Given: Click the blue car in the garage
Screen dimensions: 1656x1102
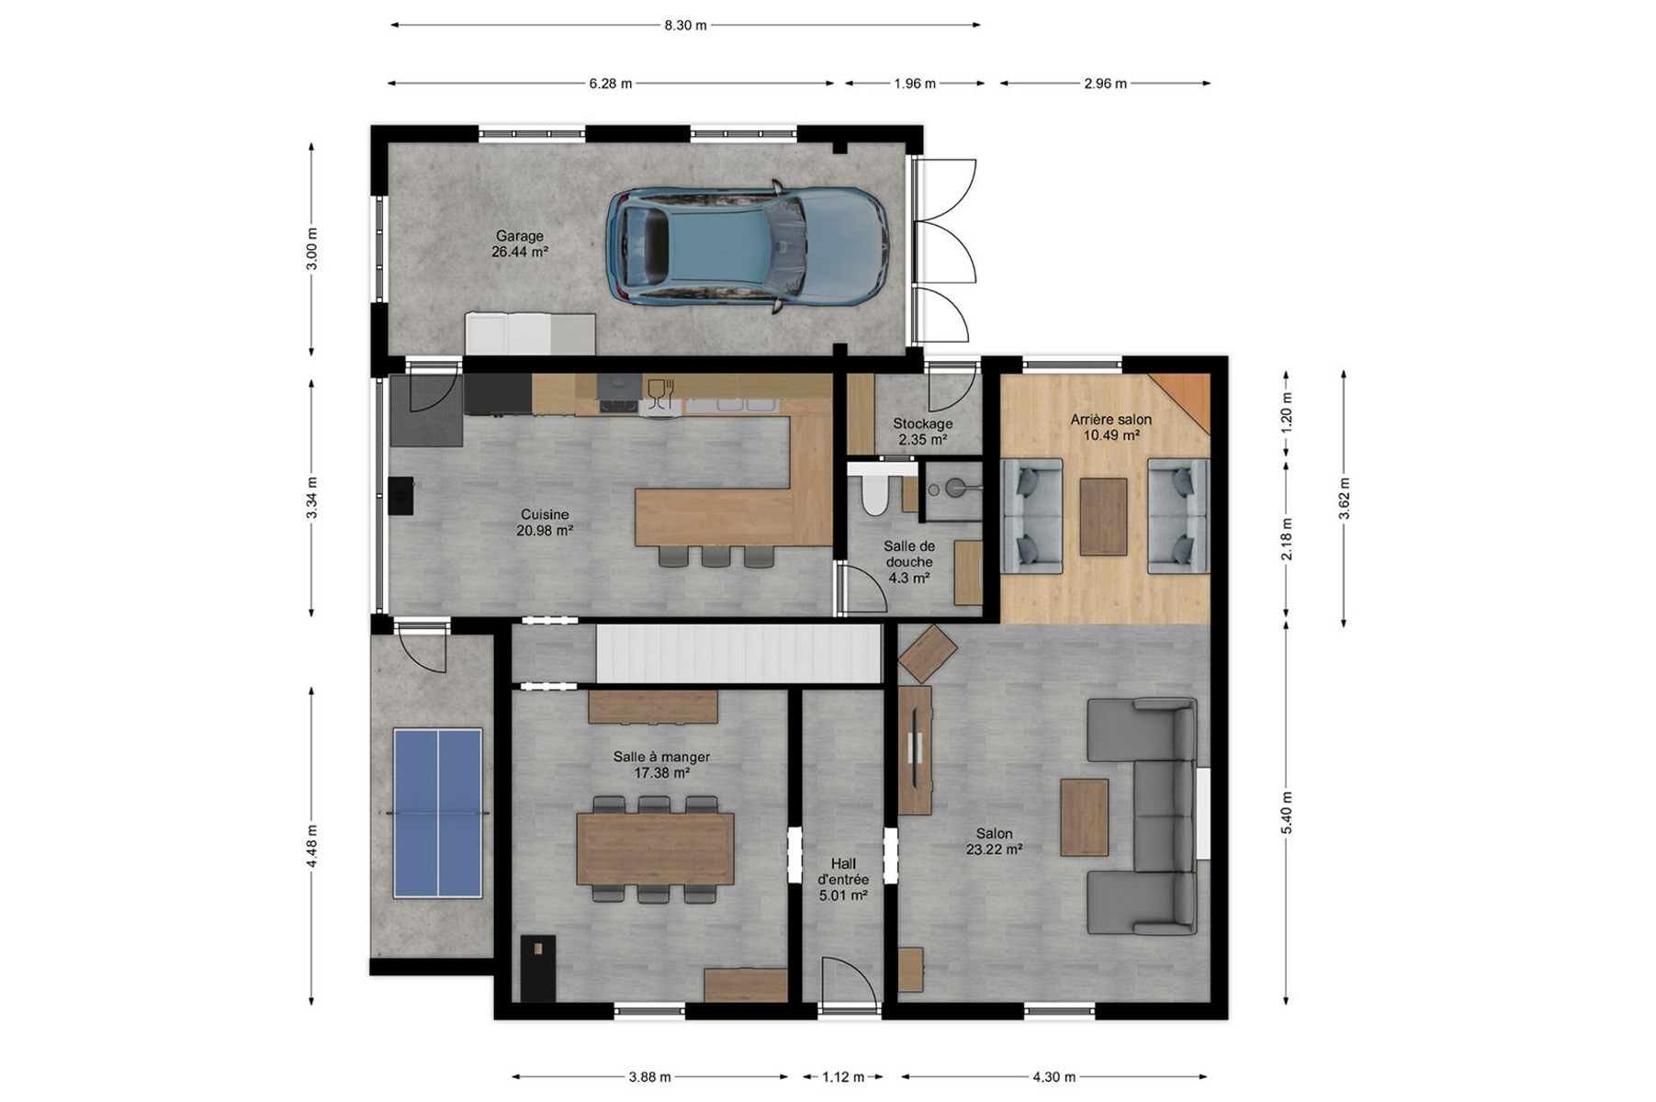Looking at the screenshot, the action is (x=747, y=246).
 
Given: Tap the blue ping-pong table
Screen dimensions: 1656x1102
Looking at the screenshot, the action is (x=438, y=813).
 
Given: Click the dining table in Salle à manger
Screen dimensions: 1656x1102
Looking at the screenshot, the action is (x=655, y=849).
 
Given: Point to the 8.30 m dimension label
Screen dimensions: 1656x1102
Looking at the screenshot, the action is (x=685, y=26).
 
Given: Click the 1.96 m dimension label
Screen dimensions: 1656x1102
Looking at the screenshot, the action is (x=915, y=84).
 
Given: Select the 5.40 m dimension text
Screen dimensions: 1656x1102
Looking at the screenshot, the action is (x=1287, y=813).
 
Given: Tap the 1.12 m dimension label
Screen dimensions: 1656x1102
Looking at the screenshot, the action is (x=843, y=1077).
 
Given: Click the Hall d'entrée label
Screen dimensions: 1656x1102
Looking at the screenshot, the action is (x=843, y=879).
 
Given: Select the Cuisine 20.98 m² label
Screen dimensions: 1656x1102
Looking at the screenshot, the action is (x=545, y=523).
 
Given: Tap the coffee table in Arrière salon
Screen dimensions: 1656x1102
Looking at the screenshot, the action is (x=1103, y=516).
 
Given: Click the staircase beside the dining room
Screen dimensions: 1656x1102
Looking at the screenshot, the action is (x=738, y=653).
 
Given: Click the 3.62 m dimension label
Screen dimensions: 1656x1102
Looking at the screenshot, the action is (x=1344, y=499).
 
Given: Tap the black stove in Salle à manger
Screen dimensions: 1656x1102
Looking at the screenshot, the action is (x=538, y=968).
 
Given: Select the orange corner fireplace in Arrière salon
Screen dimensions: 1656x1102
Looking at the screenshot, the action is (x=1184, y=399).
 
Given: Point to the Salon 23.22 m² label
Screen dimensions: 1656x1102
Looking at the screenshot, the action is (x=994, y=842).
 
